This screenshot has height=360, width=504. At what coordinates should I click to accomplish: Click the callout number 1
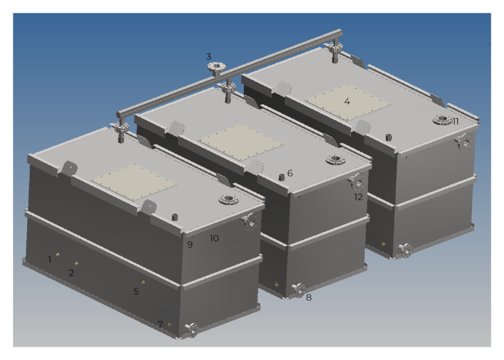pyautogui.click(x=49, y=259)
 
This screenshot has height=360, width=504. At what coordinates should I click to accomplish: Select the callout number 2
pyautogui.click(x=71, y=273)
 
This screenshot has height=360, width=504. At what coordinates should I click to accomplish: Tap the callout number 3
pyautogui.click(x=209, y=57)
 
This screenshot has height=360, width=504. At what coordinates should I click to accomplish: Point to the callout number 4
pyautogui.click(x=347, y=101)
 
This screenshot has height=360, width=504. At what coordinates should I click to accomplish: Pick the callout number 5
pyautogui.click(x=136, y=292)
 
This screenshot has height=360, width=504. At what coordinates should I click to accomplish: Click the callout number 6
pyautogui.click(x=290, y=173)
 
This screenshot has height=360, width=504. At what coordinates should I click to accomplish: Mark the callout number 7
pyautogui.click(x=160, y=324)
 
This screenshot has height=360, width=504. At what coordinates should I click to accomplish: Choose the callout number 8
pyautogui.click(x=309, y=297)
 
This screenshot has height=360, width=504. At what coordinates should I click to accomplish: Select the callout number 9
pyautogui.click(x=189, y=244)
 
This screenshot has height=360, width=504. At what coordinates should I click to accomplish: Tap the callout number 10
pyautogui.click(x=214, y=238)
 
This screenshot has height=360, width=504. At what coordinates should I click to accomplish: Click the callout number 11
pyautogui.click(x=455, y=121)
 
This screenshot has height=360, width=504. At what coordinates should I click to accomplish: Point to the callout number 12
pyautogui.click(x=358, y=197)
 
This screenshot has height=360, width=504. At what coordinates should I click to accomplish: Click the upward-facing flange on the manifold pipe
pyautogui.click(x=217, y=66)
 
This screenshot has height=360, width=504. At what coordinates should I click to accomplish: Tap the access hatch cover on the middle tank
pyautogui.click(x=241, y=142)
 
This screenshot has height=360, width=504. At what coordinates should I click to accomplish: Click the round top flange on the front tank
pyautogui.click(x=228, y=199)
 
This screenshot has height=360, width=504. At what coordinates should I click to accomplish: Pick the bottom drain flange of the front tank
pyautogui.click(x=192, y=330)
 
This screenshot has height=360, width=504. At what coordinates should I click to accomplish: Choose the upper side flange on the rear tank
pyautogui.click(x=464, y=142)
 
